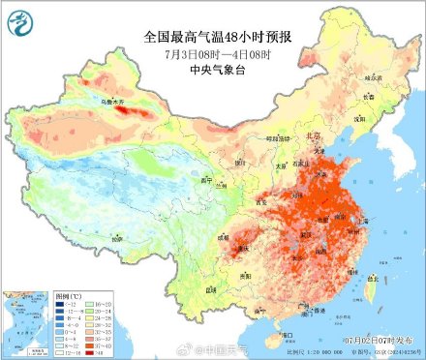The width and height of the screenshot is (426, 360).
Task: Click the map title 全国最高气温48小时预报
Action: pos(213,36)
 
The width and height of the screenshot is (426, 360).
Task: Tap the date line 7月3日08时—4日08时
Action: pos(213,54)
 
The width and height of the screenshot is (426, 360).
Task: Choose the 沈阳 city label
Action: pos(361,118)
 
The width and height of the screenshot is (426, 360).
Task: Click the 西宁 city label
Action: pos(204,180)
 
